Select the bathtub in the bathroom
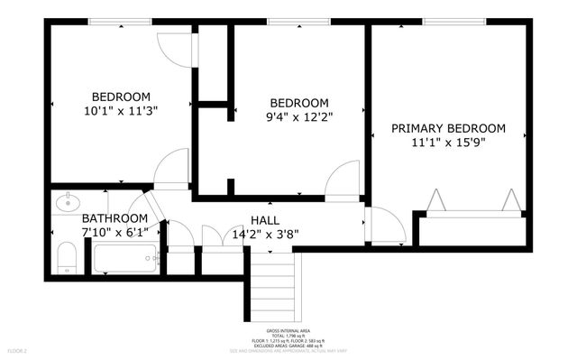point(127,260)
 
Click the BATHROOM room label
point(114,218)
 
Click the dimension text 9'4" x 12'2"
point(298,117)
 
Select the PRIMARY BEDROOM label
point(448,128)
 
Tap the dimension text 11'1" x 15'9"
point(448,143)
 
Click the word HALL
point(264,219)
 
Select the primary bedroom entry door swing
point(387,226)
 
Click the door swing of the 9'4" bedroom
point(343,180)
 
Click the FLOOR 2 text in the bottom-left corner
point(18,349)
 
